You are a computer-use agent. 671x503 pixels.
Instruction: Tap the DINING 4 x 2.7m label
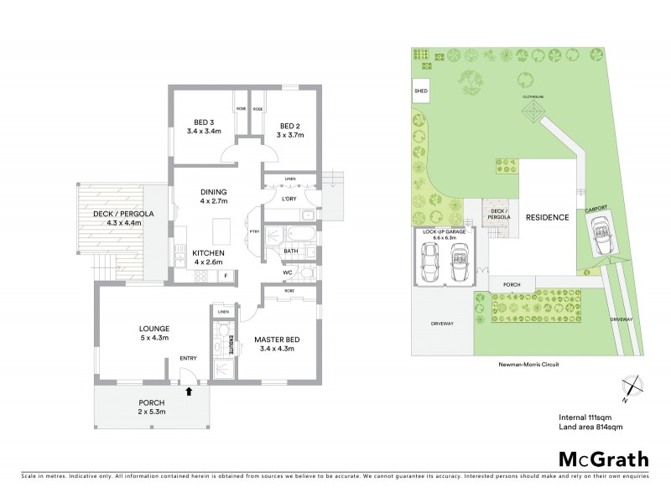[214, 196]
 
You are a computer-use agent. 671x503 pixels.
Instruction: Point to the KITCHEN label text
[207, 252]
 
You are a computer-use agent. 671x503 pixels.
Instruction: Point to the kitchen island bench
[221, 229]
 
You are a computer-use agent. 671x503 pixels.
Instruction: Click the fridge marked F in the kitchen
[225, 275]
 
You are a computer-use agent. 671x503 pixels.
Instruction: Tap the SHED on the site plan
[419, 90]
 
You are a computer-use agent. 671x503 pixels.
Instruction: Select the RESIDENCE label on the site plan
[548, 217]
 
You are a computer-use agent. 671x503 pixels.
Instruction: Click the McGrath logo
[603, 459]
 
